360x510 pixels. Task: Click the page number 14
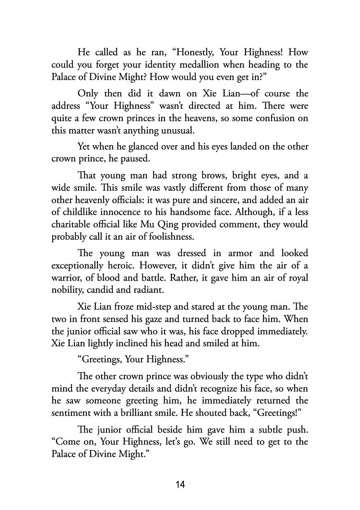180,484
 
